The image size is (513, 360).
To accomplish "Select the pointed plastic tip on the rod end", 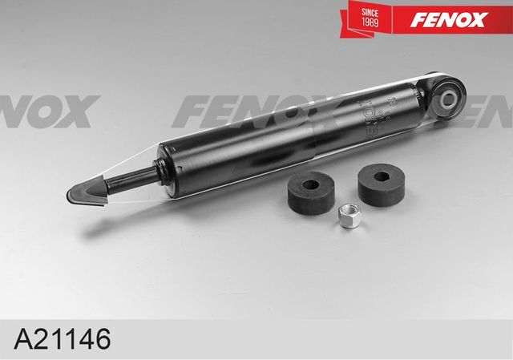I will coord(84,192).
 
